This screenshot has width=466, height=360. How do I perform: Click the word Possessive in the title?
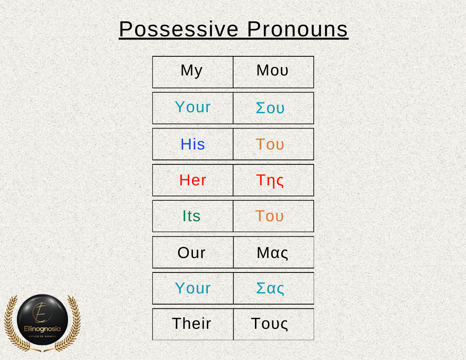point(178,29)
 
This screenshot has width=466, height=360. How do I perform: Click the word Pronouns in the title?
point(297,29)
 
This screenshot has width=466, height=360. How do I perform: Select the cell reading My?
point(193,72)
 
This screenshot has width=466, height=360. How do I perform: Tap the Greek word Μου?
point(272,70)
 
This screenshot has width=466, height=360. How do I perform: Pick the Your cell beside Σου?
point(193,108)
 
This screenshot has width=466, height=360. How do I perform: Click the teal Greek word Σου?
point(270,108)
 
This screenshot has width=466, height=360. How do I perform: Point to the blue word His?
point(192,144)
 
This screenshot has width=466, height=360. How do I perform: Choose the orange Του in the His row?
point(270,144)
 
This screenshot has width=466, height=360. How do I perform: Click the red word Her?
point(192,180)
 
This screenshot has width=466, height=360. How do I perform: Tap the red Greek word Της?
point(270,181)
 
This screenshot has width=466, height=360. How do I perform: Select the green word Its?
point(192,216)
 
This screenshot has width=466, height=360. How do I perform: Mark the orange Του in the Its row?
point(269,216)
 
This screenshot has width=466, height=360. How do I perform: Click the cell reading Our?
point(193,252)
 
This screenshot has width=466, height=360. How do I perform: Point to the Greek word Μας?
point(272,253)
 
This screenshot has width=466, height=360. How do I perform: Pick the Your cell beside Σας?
point(193,288)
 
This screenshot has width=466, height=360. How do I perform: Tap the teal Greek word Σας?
point(270,288)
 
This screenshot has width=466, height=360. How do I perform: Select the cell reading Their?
point(193,324)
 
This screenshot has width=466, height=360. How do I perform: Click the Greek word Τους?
point(269,324)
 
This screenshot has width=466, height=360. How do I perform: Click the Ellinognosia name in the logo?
point(42,329)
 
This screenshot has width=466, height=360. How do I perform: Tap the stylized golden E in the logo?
point(42,312)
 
